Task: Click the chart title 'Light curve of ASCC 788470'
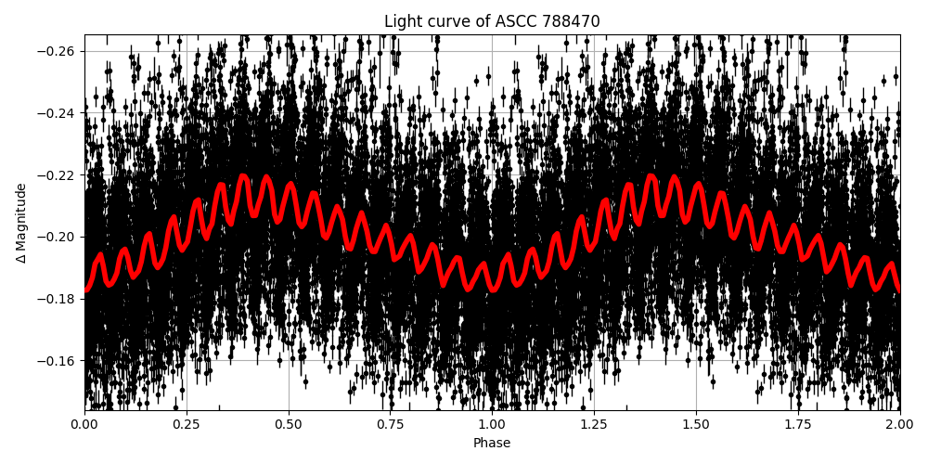(492, 21)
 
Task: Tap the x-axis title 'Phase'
(492, 444)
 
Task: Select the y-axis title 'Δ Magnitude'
(21, 223)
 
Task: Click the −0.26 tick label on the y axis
(57, 51)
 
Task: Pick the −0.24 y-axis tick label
(57, 113)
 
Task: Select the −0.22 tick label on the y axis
(57, 174)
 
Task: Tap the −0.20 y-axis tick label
(57, 237)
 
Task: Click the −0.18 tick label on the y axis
(57, 299)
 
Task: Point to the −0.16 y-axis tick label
(57, 360)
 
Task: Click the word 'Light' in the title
(402, 21)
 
